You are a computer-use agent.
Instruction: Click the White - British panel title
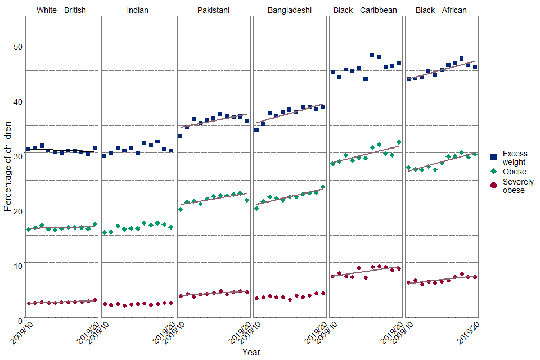(61, 10)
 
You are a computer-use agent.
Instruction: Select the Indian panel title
(138, 10)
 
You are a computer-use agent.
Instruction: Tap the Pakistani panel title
(214, 10)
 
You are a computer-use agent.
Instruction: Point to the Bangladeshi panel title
(290, 10)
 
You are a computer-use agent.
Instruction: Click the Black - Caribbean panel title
(365, 10)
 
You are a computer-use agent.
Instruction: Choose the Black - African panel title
(441, 10)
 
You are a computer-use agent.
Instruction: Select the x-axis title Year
(251, 352)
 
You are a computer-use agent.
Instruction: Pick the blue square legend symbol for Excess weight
(493, 157)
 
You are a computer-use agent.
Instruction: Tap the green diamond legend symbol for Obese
(493, 171)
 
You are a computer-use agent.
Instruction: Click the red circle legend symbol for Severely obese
(493, 186)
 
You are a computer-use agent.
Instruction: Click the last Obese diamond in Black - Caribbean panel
(399, 142)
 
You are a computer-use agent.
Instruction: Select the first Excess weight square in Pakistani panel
(180, 136)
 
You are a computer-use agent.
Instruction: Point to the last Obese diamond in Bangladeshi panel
(323, 186)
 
